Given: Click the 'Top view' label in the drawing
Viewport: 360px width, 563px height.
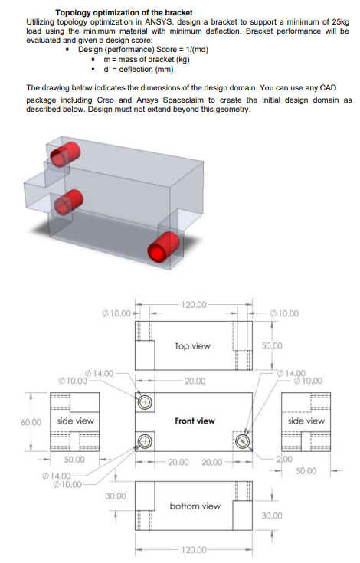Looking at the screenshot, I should tap(191, 346).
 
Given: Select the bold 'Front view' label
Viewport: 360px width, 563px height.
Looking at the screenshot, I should tap(195, 421).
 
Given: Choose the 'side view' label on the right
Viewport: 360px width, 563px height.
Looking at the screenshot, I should tap(306, 421).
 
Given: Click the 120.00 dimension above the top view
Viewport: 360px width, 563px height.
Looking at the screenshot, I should tap(195, 305).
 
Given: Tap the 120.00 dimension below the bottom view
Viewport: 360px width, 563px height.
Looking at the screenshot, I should tap(195, 550).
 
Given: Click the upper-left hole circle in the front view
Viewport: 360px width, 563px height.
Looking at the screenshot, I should tap(145, 402).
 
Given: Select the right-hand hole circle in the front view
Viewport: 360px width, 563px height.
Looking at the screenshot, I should tap(244, 441).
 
